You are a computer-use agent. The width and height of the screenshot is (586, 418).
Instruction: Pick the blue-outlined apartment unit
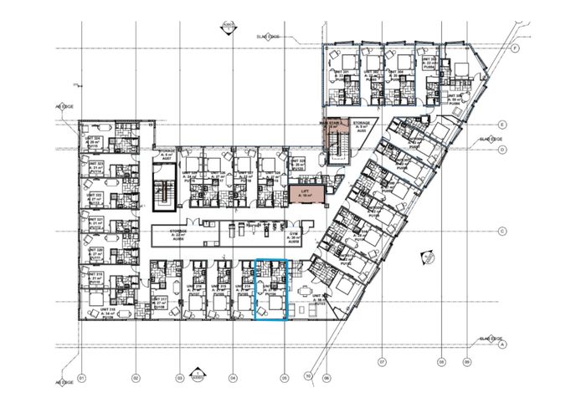click(x=270, y=289)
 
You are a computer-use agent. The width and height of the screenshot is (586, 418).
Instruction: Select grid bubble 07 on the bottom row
click(x=382, y=363)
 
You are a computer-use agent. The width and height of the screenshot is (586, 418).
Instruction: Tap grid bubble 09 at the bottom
click(x=465, y=363)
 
